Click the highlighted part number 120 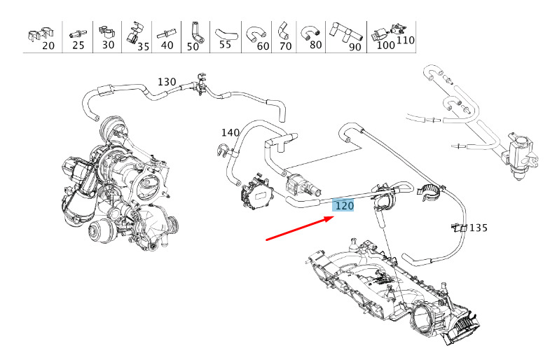pos(344,205)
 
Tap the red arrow pos(301,228)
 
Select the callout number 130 pos(167,82)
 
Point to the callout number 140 pos(230,132)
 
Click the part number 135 pos(479,228)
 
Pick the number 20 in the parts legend pos(48,46)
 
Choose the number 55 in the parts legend pos(225,45)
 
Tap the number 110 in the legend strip pos(406,40)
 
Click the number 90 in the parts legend pos(355,47)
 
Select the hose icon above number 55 pos(226,34)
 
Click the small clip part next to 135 pos(459,228)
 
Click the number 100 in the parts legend pos(385,45)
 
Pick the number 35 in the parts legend pos(143,46)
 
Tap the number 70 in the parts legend pos(286,46)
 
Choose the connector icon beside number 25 pos(78,34)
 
